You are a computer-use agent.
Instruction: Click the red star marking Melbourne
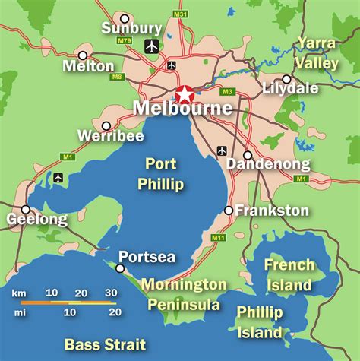tap(185, 95)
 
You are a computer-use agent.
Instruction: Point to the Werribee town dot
tap(106, 125)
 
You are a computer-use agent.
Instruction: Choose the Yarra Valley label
tap(317, 52)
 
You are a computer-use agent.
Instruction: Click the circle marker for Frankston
tap(229, 211)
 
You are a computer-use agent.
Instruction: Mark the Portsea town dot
tap(120, 268)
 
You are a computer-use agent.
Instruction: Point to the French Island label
tap(288, 275)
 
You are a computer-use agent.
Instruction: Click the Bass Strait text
tap(104, 344)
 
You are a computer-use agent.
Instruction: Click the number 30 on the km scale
tap(110, 293)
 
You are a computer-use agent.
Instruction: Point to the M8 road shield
tap(116, 76)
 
